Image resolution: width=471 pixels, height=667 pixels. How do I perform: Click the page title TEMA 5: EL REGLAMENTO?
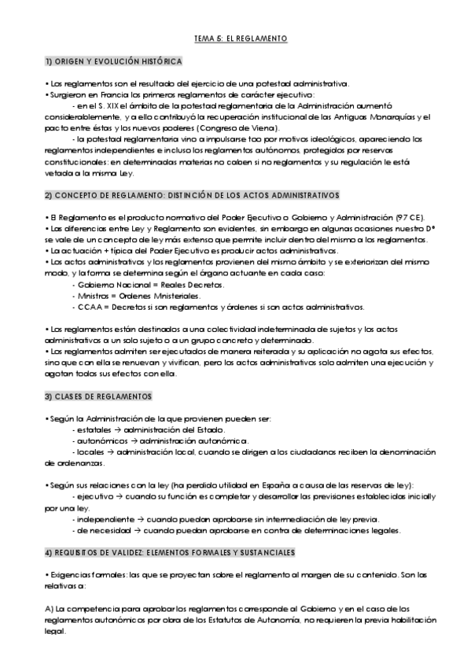click(x=240, y=38)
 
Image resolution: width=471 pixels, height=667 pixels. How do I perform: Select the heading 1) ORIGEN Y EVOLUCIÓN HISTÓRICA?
click(x=114, y=61)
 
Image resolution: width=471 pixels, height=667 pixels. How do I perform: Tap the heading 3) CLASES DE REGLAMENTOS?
click(x=98, y=396)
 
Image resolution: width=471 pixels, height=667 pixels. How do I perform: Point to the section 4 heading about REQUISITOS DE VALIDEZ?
click(x=170, y=552)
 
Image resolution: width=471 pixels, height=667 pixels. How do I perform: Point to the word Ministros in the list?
click(x=89, y=295)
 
